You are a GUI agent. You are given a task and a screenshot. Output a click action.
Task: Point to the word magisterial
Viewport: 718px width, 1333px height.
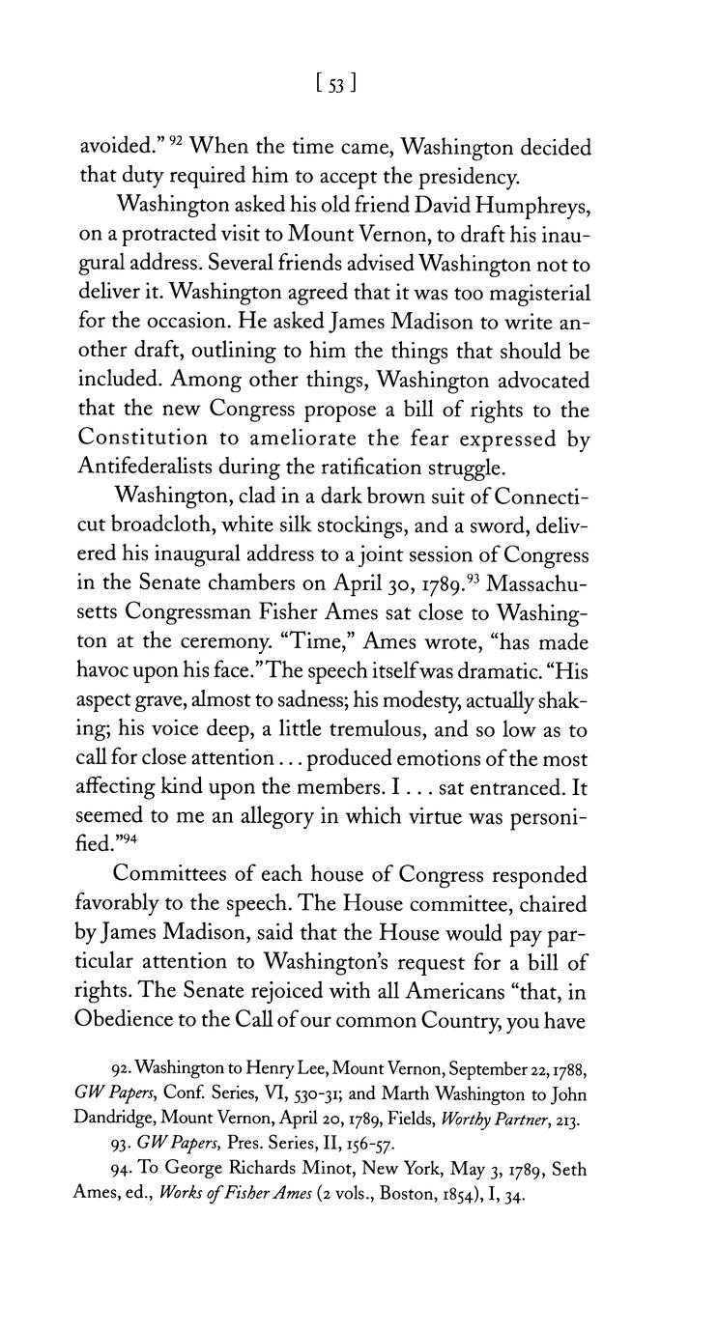coord(533,293)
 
